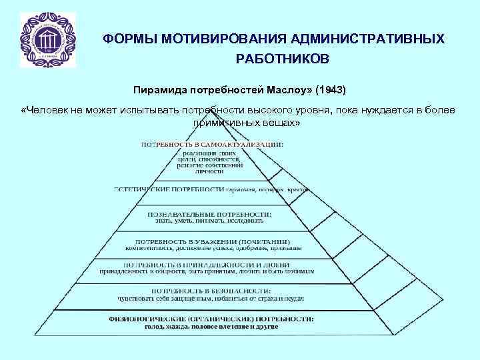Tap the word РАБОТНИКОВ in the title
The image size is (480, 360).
282,60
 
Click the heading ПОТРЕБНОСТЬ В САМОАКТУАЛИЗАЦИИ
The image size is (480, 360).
211,144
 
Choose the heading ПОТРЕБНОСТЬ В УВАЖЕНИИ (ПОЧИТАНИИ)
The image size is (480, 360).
213,241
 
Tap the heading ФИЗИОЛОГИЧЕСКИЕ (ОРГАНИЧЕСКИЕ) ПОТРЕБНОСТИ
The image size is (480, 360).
211,319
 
